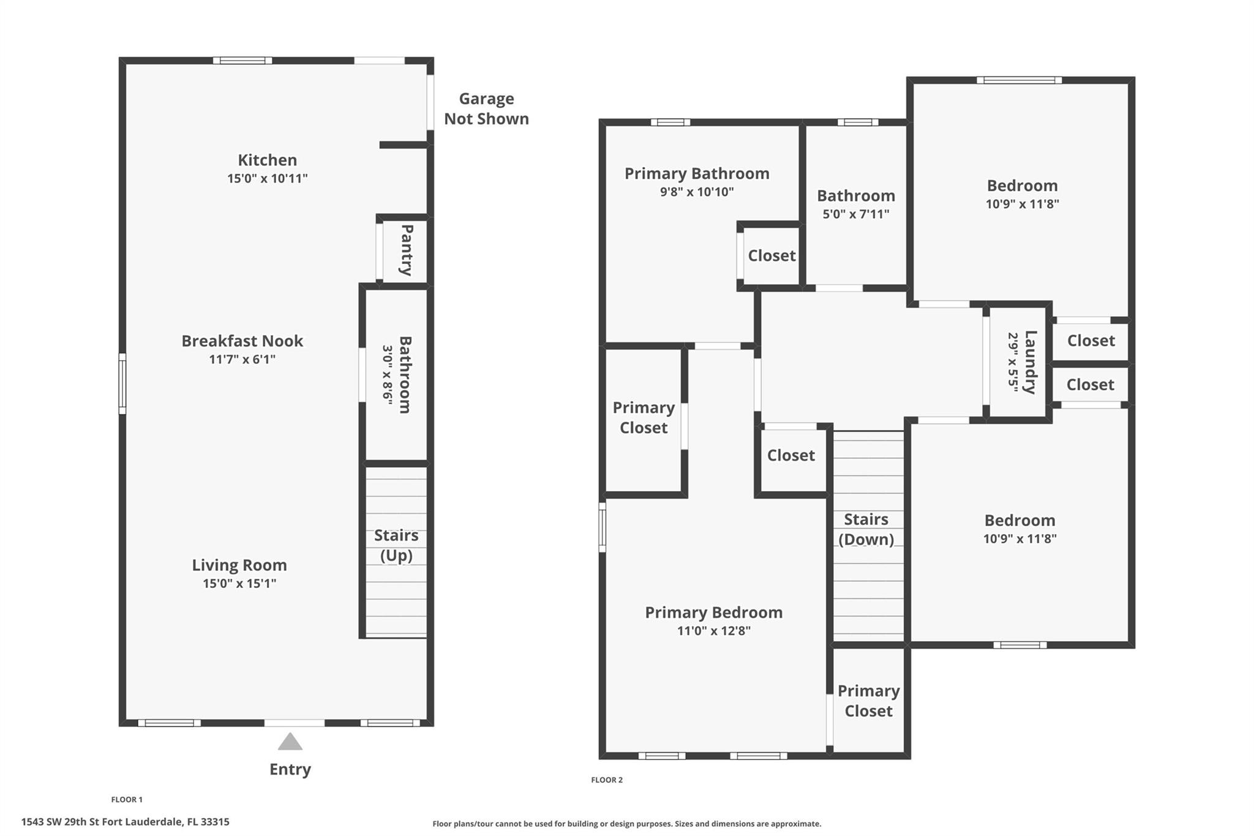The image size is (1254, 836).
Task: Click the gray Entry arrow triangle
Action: (290, 742)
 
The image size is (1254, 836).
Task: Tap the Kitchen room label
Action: (268, 160)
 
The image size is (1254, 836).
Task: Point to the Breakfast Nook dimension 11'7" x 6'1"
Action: (242, 359)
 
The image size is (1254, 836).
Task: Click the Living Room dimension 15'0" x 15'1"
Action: (239, 583)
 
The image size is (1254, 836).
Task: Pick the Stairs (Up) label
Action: (396, 545)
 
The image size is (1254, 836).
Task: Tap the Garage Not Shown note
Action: (487, 108)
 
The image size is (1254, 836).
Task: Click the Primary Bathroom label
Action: (697, 173)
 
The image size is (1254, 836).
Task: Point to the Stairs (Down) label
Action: (866, 529)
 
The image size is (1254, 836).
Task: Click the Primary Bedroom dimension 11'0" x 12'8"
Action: (714, 630)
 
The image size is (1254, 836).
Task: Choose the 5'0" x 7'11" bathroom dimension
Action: (856, 214)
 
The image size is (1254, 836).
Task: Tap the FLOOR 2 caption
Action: (607, 780)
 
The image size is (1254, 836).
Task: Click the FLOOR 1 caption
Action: (127, 799)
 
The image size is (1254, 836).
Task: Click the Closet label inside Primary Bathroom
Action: (772, 255)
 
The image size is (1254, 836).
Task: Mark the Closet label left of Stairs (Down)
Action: (791, 455)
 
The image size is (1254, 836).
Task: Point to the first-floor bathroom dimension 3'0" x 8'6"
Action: (388, 374)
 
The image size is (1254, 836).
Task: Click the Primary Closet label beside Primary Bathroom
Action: (644, 418)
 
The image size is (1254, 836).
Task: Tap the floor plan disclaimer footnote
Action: (627, 824)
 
